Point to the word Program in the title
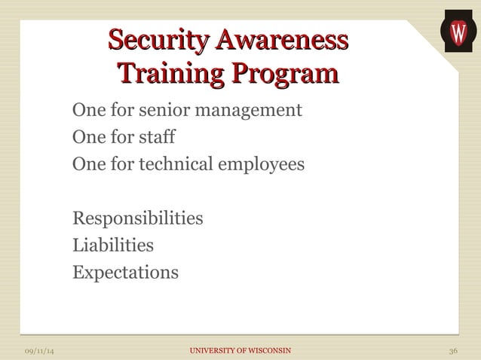click(284, 75)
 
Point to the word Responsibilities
click(137, 218)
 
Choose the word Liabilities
click(112, 245)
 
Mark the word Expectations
click(125, 271)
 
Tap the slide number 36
click(452, 352)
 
